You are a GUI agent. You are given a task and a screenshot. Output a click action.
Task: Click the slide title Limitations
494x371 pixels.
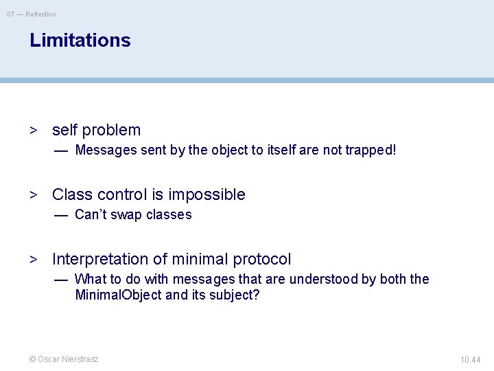[80, 41]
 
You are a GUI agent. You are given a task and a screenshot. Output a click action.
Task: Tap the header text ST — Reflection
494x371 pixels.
[32, 14]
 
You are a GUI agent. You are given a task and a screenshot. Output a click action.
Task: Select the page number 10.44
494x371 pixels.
[471, 359]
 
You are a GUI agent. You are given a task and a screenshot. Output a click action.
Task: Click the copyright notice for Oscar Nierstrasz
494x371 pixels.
[63, 359]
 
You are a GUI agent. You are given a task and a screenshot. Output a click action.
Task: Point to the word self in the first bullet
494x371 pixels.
[64, 130]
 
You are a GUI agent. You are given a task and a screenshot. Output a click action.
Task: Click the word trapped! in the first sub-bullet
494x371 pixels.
[371, 150]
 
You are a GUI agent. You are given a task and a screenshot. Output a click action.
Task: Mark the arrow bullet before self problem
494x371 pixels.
[32, 131]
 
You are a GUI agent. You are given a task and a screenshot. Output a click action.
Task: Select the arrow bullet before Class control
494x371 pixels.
[32, 195]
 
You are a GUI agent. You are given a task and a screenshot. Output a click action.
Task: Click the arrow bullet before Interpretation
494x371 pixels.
[32, 260]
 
